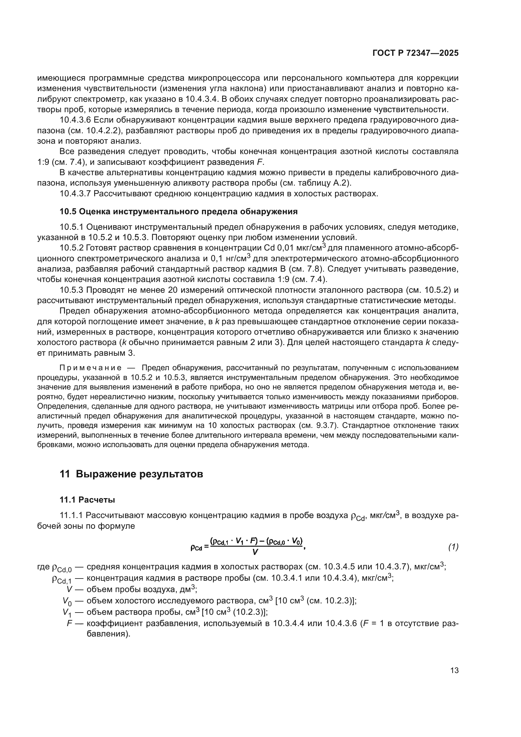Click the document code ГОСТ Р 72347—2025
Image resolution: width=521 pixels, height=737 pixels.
coord(415,53)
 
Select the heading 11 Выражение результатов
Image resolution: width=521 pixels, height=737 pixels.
coord(131,474)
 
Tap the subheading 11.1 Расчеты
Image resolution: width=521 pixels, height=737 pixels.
coord(87,499)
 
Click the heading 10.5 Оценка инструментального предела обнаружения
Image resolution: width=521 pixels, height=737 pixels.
coord(178,211)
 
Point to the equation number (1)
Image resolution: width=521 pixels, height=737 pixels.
coord(453,547)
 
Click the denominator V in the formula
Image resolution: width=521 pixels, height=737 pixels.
coord(255,552)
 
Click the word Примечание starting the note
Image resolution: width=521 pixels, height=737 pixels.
coord(90,368)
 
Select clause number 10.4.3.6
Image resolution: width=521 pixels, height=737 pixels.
coord(76,120)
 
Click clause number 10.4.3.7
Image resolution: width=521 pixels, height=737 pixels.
coord(76,194)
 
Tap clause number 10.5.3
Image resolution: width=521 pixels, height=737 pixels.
coord(71,290)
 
